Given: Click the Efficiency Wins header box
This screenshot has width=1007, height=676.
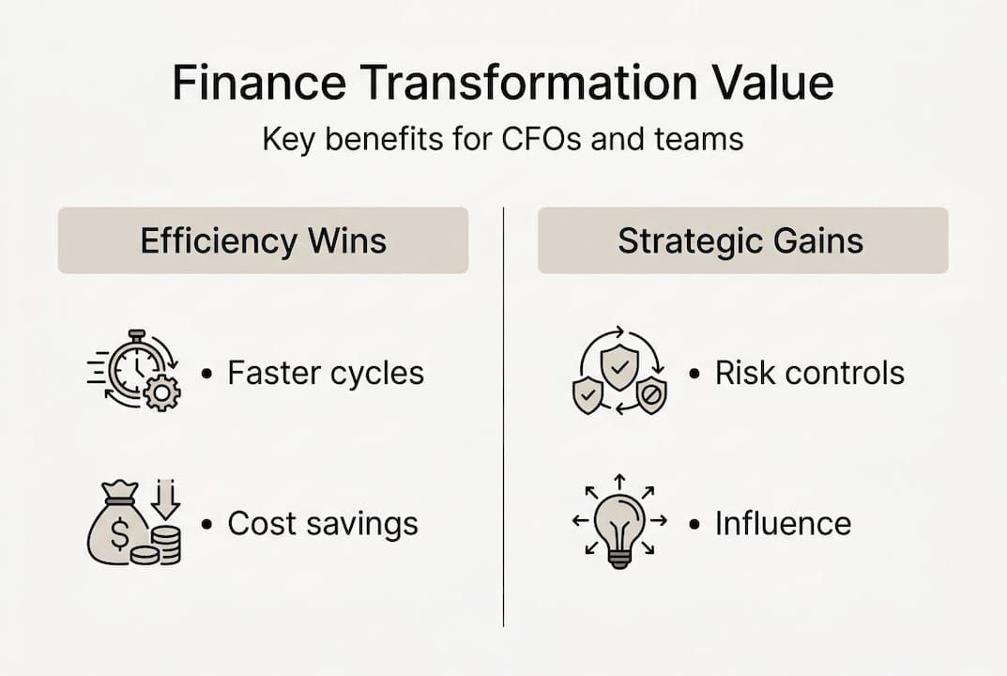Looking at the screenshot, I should click(263, 240).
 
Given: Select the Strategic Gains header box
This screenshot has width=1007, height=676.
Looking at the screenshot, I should click(742, 240).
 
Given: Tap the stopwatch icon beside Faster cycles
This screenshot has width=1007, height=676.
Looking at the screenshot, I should click(134, 368).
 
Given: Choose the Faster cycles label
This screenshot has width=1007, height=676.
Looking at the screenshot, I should click(326, 373).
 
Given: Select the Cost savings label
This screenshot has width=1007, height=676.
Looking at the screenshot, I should click(322, 523).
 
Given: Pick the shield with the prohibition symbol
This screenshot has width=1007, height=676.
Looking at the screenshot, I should click(650, 396).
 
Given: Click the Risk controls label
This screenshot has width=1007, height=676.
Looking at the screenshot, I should click(809, 373).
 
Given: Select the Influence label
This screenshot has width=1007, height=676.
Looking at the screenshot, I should click(783, 523).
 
